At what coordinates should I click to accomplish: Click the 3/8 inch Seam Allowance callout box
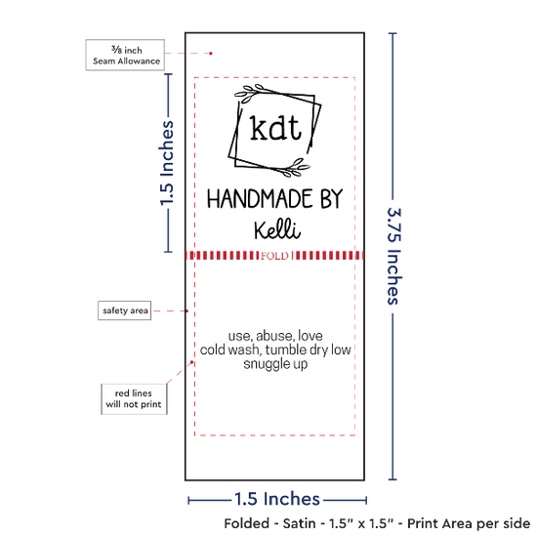pyautogui.click(x=125, y=55)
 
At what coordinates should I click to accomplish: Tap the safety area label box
pyautogui.click(x=125, y=310)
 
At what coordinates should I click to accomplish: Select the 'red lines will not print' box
pyautogui.click(x=134, y=399)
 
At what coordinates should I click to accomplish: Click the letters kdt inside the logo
pyautogui.click(x=275, y=127)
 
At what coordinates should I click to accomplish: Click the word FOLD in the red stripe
pyautogui.click(x=274, y=256)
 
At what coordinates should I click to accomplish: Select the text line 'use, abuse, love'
pyautogui.click(x=275, y=336)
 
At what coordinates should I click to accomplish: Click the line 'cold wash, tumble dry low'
pyautogui.click(x=275, y=350)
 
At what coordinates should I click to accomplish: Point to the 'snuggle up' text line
pyautogui.click(x=275, y=364)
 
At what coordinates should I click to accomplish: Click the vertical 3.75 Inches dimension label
pyautogui.click(x=393, y=256)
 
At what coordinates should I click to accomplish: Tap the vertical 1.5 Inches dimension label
pyautogui.click(x=167, y=163)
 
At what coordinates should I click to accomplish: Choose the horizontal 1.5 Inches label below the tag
pyautogui.click(x=277, y=499)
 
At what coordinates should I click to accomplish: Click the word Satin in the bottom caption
pyautogui.click(x=299, y=523)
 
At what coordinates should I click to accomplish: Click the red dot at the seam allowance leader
pyautogui.click(x=211, y=54)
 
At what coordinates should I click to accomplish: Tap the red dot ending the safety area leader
pyautogui.click(x=187, y=310)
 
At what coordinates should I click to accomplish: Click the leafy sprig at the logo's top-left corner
pyautogui.click(x=249, y=93)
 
